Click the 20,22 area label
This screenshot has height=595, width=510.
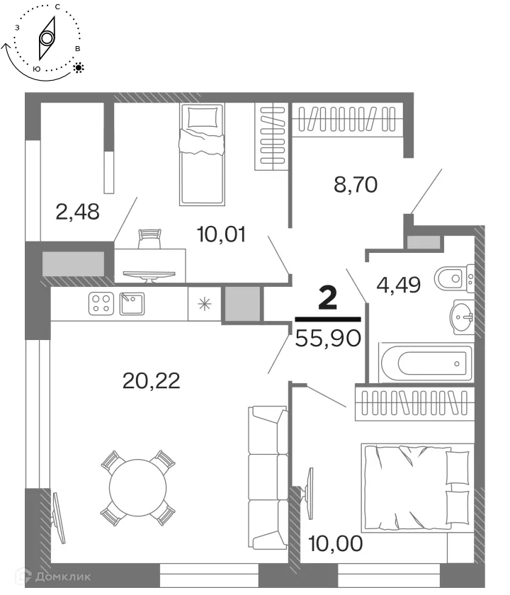pyautogui.click(x=152, y=381)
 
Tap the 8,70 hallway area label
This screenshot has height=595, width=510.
pyautogui.click(x=355, y=186)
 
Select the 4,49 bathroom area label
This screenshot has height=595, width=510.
pyautogui.click(x=399, y=285)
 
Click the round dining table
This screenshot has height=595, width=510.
pyautogui.click(x=137, y=488)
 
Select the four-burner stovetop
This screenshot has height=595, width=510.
pyautogui.click(x=101, y=304)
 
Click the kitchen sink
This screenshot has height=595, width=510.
pyautogui.click(x=131, y=304)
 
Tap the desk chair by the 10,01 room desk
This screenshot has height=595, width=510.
pyautogui.click(x=150, y=239)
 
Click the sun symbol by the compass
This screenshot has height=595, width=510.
pyautogui.click(x=78, y=68)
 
